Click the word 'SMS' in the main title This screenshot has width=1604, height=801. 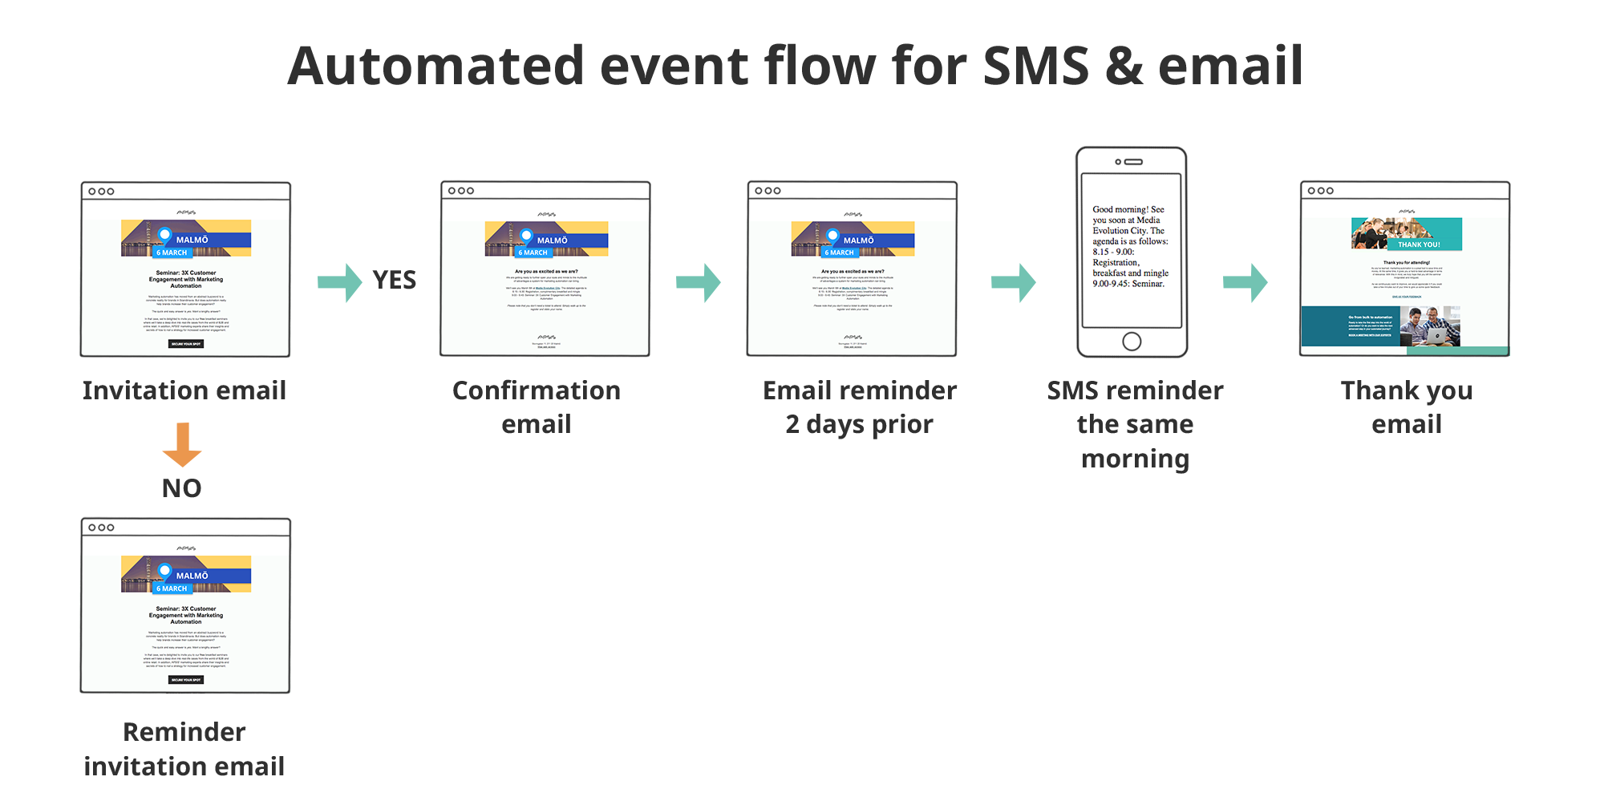pos(1035,66)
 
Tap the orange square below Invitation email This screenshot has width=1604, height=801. pos(181,445)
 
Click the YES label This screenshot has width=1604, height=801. pos(394,281)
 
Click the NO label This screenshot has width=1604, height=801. pos(182,488)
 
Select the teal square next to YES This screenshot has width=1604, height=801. pos(340,283)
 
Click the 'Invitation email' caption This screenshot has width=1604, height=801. pos(184,390)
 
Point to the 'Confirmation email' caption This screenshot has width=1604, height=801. pos(537,407)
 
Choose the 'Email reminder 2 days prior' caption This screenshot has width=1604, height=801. pos(860,407)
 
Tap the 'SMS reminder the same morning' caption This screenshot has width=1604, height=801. pos(1135,424)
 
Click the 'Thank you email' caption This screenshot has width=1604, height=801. pos(1406,407)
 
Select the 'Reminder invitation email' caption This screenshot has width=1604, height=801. pos(184,749)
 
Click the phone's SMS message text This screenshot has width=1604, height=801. pos(1130,246)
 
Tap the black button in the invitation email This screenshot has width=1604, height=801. pos(186,344)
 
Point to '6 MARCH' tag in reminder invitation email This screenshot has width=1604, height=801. pos(172,589)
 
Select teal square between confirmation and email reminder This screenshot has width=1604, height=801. pos(699,283)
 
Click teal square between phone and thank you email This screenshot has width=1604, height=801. pos(1246,283)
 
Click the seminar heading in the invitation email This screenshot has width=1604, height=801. pos(186,279)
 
